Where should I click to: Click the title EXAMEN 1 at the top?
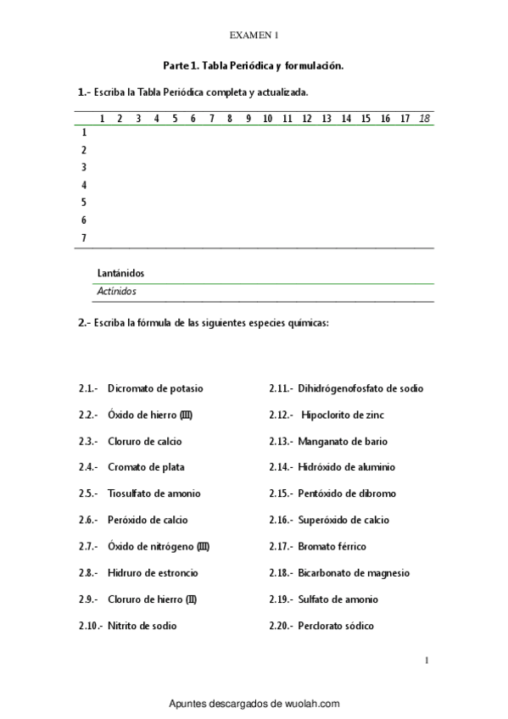click(254, 36)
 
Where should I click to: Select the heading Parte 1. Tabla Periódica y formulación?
click(254, 64)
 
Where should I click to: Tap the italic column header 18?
click(424, 119)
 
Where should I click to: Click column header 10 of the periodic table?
click(267, 119)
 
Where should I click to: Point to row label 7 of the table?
click(83, 238)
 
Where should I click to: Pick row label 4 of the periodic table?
click(83, 185)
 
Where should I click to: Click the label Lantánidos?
click(120, 274)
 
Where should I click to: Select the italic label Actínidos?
click(117, 291)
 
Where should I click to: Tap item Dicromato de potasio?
click(155, 388)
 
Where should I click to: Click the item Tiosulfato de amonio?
click(154, 493)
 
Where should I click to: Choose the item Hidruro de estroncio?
click(154, 573)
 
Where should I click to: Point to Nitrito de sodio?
click(142, 626)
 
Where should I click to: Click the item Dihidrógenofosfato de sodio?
click(360, 388)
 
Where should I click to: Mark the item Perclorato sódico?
click(336, 626)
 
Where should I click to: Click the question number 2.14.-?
click(281, 467)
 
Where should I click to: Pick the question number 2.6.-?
click(89, 520)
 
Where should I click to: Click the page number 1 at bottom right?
click(426, 659)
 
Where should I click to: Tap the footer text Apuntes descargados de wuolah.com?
click(254, 704)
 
